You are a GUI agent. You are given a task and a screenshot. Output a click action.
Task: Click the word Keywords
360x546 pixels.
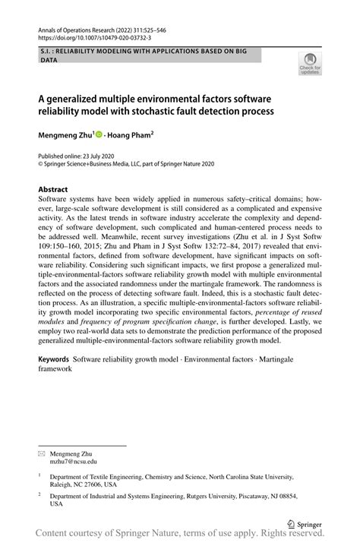tap(55, 358)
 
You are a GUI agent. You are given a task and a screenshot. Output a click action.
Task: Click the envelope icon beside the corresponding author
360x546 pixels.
tap(42, 451)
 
